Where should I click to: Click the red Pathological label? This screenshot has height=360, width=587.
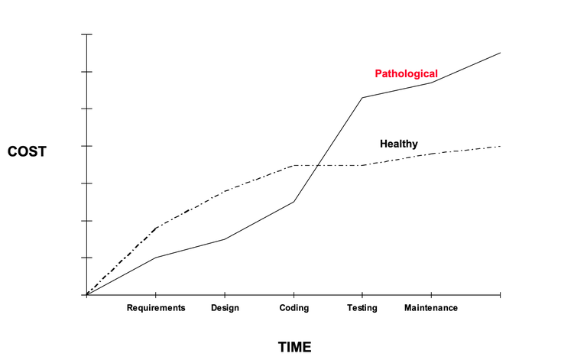click(x=406, y=74)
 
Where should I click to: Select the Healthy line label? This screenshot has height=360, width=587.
click(x=398, y=144)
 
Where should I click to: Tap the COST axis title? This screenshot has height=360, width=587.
click(x=27, y=151)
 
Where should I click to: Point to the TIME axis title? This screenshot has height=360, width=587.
click(x=294, y=347)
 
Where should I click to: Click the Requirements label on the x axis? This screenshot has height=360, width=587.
click(x=156, y=308)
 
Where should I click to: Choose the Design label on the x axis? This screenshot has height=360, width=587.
click(x=225, y=308)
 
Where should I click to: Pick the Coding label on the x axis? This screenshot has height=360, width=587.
click(x=293, y=308)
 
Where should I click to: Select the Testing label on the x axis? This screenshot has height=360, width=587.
click(x=362, y=308)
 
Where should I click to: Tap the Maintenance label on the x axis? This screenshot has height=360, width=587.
click(x=431, y=308)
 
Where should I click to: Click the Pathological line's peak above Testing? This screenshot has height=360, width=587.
click(x=362, y=98)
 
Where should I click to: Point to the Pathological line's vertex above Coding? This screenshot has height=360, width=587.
click(x=293, y=201)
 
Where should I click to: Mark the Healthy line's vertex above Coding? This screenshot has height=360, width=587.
click(x=293, y=165)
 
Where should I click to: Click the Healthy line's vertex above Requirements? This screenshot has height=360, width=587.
click(x=156, y=228)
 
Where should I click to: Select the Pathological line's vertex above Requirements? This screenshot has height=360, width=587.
click(x=156, y=258)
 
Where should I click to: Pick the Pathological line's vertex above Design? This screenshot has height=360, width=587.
click(x=225, y=239)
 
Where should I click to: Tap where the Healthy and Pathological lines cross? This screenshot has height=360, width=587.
click(x=316, y=165)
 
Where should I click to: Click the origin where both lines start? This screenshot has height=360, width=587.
click(x=87, y=295)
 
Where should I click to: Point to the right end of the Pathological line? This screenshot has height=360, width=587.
click(x=500, y=53)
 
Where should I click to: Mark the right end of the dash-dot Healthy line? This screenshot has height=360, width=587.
click(x=500, y=146)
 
